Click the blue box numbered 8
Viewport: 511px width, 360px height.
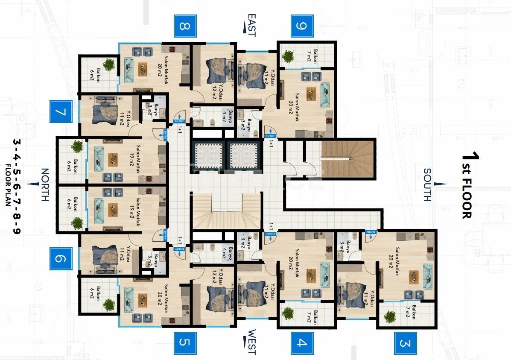tap(184, 26)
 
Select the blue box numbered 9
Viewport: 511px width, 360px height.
tap(302, 26)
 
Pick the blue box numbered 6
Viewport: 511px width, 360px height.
tap(61, 259)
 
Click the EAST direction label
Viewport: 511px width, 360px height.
tap(251, 25)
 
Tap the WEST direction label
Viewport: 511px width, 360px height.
tap(251, 342)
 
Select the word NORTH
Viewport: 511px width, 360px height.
tap(44, 184)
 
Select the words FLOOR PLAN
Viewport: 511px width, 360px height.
tap(8, 185)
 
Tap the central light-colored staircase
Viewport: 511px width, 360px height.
tap(226, 211)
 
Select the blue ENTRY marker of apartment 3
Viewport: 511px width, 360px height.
tap(371, 231)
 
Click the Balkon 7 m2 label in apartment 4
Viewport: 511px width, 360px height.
tap(315, 316)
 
